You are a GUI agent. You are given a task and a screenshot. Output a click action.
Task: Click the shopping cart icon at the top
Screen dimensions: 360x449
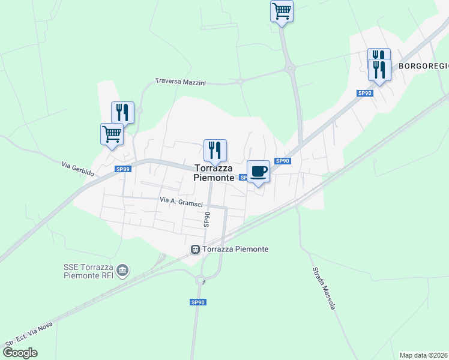coord(282,11)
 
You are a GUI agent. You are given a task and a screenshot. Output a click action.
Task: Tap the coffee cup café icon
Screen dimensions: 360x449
coord(258,172)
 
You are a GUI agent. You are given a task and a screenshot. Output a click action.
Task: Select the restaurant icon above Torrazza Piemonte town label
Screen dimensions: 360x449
coord(215,150)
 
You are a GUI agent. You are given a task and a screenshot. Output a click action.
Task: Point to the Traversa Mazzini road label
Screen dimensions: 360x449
coord(180,81)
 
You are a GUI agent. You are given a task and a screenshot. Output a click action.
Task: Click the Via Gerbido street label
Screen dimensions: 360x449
coord(78,168)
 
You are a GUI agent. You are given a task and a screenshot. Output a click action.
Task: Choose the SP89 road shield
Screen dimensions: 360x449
coord(122,170)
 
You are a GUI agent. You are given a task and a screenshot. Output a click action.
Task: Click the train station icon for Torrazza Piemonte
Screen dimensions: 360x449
coord(195,249)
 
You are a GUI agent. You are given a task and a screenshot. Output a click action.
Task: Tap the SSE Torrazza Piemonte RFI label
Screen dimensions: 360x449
coord(88,271)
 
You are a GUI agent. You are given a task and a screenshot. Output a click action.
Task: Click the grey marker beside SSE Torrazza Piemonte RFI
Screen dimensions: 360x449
coord(123,271)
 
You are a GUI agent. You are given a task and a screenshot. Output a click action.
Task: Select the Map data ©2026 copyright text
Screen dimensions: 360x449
coord(423,355)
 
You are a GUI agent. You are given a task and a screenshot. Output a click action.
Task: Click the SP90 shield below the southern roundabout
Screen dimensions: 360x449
coord(198,302)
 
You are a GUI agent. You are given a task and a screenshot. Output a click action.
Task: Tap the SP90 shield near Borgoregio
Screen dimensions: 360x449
coord(365,93)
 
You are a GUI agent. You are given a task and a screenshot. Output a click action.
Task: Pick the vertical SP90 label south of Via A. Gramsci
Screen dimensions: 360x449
coord(206,219)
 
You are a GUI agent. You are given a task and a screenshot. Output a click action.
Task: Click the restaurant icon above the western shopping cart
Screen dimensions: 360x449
coord(122,112)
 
